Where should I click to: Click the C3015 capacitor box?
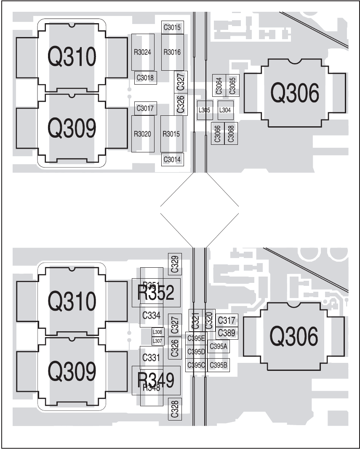click(x=172, y=28)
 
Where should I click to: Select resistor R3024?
click(x=142, y=52)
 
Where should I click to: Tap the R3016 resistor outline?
click(x=172, y=52)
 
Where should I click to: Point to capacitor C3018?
click(x=145, y=77)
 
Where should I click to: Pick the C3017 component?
click(x=145, y=108)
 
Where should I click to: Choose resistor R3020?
click(x=142, y=134)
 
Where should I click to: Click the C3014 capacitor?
click(x=172, y=159)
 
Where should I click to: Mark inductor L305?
click(x=205, y=110)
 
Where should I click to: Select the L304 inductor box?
click(x=225, y=110)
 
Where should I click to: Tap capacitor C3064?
click(x=219, y=85)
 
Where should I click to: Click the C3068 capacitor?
click(x=231, y=133)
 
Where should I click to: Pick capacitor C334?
click(x=151, y=315)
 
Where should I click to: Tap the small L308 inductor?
click(x=157, y=332)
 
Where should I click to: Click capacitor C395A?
click(x=219, y=346)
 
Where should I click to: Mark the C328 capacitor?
click(x=175, y=408)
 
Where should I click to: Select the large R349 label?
click(x=156, y=380)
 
